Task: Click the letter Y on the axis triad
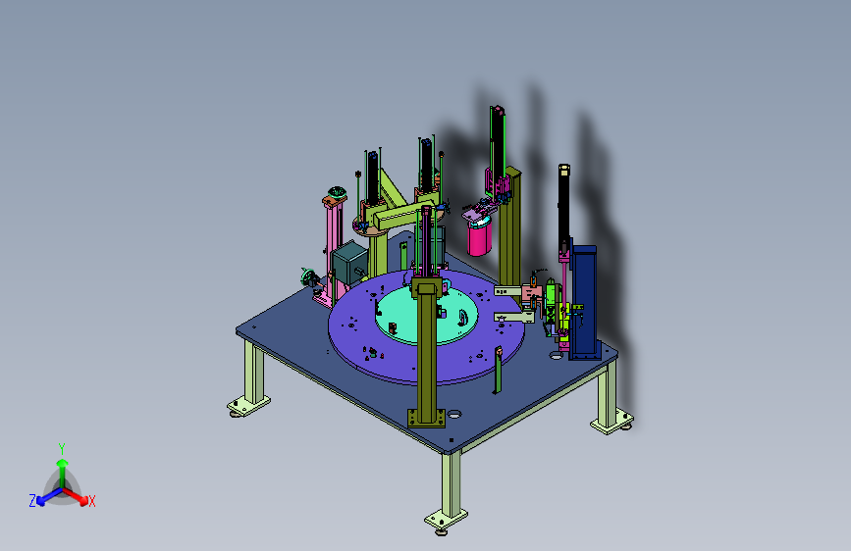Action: (62, 449)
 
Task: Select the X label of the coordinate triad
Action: (91, 501)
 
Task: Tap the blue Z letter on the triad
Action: (32, 501)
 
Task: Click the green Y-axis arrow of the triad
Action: (63, 473)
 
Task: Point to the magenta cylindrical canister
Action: (479, 237)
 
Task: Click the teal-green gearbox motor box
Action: (349, 263)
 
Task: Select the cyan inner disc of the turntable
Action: (427, 315)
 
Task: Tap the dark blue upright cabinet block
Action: (585, 302)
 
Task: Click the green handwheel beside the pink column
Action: (309, 277)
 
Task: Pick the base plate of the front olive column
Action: (427, 418)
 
